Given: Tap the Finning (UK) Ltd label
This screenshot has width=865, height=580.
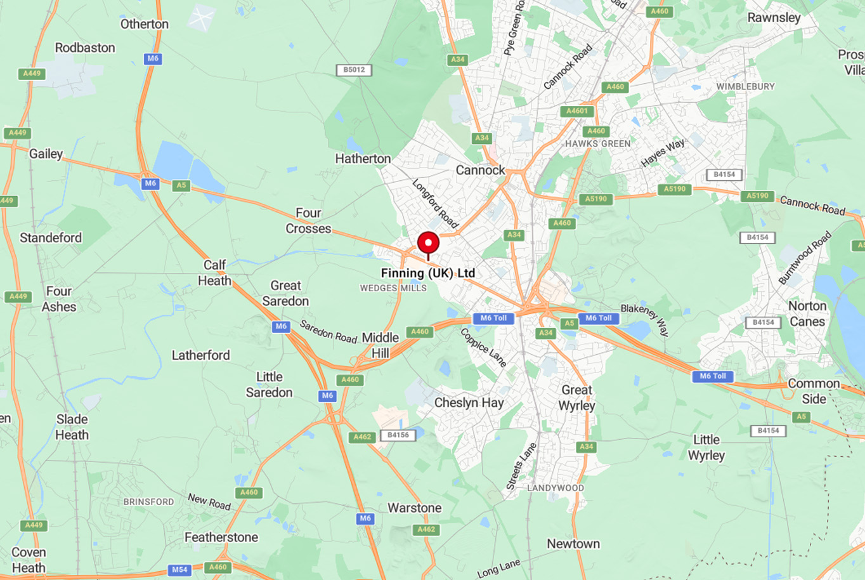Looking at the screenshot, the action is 427,273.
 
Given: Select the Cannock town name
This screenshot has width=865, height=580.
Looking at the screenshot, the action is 480,170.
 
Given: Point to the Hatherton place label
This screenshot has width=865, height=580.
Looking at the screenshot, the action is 363,159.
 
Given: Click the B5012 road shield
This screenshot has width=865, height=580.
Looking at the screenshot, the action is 353,70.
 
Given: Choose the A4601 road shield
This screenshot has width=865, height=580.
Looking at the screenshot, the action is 576,111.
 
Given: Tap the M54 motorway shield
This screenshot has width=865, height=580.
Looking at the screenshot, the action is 179,569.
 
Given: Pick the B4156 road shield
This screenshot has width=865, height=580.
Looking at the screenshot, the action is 398,435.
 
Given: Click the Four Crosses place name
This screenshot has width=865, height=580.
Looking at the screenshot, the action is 308,221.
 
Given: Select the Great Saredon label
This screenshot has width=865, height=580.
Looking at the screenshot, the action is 285,293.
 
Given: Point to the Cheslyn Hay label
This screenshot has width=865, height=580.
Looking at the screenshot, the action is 469,402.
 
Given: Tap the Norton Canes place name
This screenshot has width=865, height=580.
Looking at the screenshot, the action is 807,313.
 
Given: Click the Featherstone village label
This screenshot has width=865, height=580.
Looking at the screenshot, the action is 221,537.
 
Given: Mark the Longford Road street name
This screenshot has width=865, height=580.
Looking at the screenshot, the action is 435,203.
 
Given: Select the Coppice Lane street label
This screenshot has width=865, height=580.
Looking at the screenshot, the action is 483,347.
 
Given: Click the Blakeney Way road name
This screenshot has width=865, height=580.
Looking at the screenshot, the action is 644,319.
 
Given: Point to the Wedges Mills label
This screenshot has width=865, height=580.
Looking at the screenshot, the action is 393,288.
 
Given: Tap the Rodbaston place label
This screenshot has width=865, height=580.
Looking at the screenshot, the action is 85,48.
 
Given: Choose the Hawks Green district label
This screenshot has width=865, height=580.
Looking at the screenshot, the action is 597,144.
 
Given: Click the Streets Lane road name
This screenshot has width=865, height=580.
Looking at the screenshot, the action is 521,466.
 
